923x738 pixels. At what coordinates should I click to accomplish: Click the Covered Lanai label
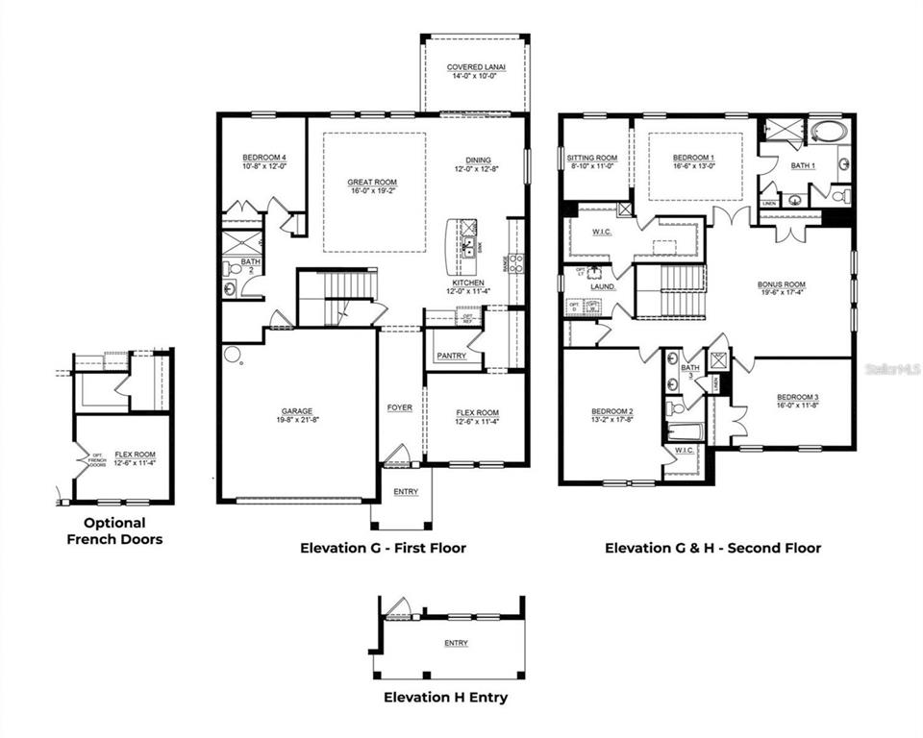[x=472, y=67]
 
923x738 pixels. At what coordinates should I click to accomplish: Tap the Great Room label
[x=374, y=183]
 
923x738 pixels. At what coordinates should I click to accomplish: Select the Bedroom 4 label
[x=263, y=157]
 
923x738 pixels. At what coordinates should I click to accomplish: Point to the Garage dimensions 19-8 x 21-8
[x=297, y=421]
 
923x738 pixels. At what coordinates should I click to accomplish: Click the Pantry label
[x=451, y=357]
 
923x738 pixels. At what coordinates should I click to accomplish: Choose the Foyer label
[x=400, y=407]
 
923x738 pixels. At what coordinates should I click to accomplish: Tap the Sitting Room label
[x=591, y=158]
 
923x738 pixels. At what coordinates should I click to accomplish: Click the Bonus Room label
[x=781, y=285]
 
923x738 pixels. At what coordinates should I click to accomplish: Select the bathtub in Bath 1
[x=826, y=132]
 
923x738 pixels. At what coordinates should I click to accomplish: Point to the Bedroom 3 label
[x=797, y=397]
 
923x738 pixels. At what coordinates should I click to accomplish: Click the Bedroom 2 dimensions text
[x=611, y=421]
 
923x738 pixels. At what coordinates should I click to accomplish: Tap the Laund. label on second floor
[x=602, y=286]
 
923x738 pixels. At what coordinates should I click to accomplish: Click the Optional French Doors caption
[x=114, y=531]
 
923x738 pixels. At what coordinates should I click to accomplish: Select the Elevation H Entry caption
[x=445, y=698]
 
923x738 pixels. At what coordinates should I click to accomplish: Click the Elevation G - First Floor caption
[x=383, y=549]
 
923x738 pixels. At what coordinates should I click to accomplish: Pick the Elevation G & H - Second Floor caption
[x=712, y=549]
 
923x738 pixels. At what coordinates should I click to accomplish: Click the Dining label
[x=478, y=160]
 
